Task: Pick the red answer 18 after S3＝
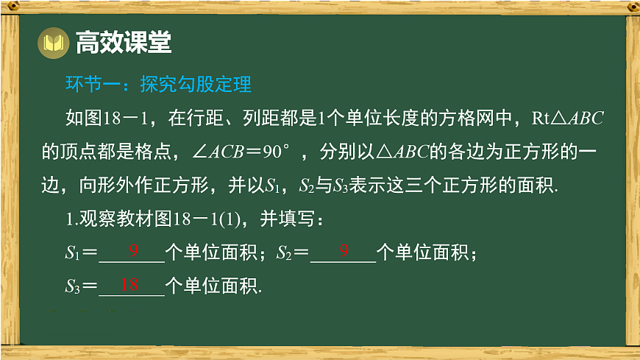pyautogui.click(x=129, y=284)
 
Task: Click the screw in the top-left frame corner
pyautogui.click(x=10, y=7)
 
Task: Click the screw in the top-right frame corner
pyautogui.click(x=631, y=7)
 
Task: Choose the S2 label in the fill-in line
pyautogui.click(x=285, y=253)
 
